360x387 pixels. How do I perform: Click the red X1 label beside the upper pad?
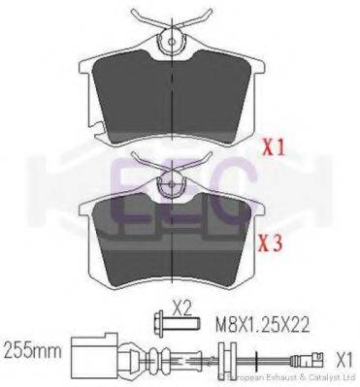(x=277, y=149)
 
